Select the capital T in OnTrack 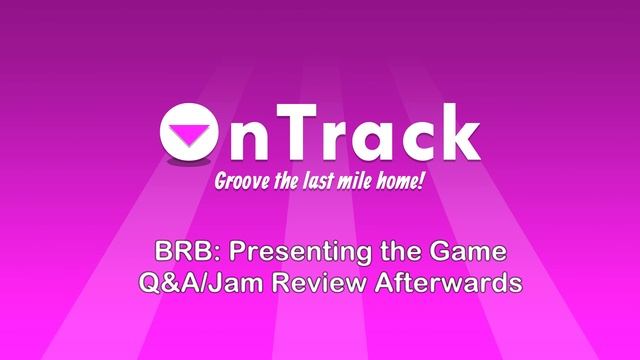tap(299, 132)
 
